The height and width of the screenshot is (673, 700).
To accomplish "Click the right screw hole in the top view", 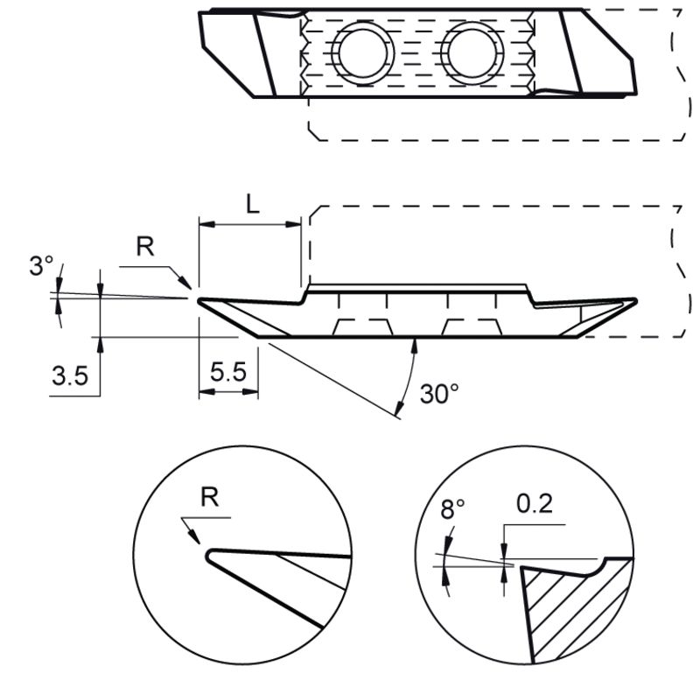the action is [x=472, y=53].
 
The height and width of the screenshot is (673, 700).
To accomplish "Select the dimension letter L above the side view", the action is [x=253, y=205].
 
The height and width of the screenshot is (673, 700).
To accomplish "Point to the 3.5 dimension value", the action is [x=70, y=375].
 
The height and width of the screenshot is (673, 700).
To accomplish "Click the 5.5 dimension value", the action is [x=228, y=372].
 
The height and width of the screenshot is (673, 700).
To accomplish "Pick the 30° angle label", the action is [x=439, y=394].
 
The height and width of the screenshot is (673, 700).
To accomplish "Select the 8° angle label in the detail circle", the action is [x=452, y=508].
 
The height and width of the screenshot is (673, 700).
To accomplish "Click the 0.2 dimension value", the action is [x=535, y=503].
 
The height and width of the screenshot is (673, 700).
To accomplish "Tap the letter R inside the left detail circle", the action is [x=210, y=497].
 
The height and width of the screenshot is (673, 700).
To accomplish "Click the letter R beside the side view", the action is [x=145, y=246].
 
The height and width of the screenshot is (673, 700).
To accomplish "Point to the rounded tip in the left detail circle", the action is [x=207, y=556].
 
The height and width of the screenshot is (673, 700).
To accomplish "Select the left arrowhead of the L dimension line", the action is [x=206, y=224].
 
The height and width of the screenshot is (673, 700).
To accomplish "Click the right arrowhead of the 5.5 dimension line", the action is [x=251, y=392].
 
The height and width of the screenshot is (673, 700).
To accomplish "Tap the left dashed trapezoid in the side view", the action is [x=362, y=327].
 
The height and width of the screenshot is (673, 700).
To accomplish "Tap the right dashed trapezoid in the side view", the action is [x=472, y=327].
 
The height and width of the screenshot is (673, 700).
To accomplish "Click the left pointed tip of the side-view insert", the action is [x=199, y=300].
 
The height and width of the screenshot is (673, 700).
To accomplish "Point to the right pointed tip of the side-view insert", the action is [x=635, y=300].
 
